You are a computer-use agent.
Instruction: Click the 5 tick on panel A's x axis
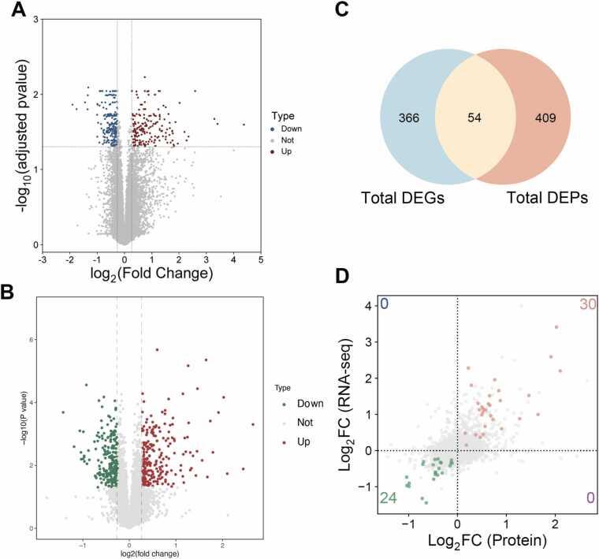click(x=260, y=258)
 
